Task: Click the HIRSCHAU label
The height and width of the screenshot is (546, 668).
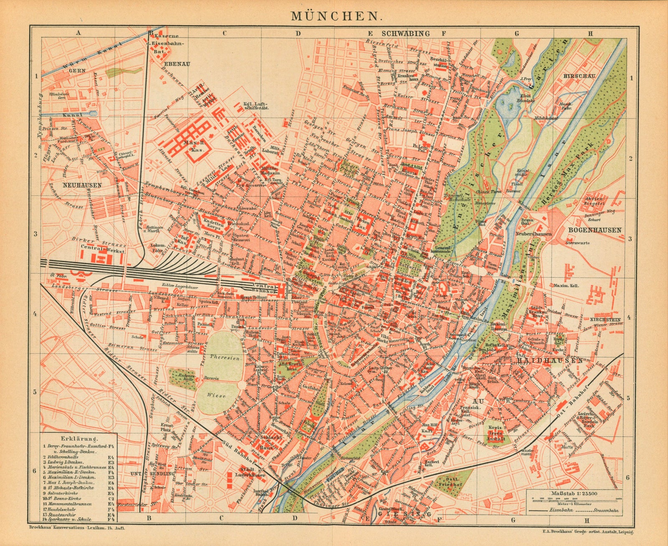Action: (x=578, y=76)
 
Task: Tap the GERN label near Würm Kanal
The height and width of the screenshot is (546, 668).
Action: (x=78, y=71)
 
